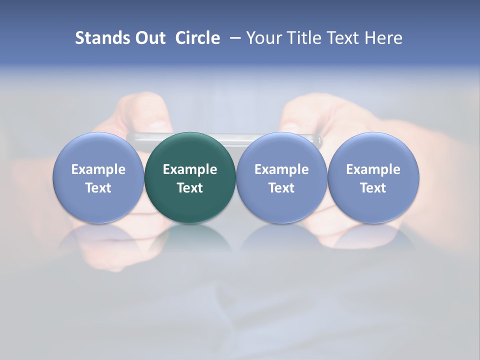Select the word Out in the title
[x=149, y=38]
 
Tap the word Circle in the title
[x=197, y=38]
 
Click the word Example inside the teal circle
[x=190, y=169]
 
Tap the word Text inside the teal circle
[x=190, y=188]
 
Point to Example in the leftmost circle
[x=98, y=169]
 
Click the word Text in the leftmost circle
[x=98, y=188]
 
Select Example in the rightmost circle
[x=373, y=169]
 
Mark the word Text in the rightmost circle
[x=373, y=188]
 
